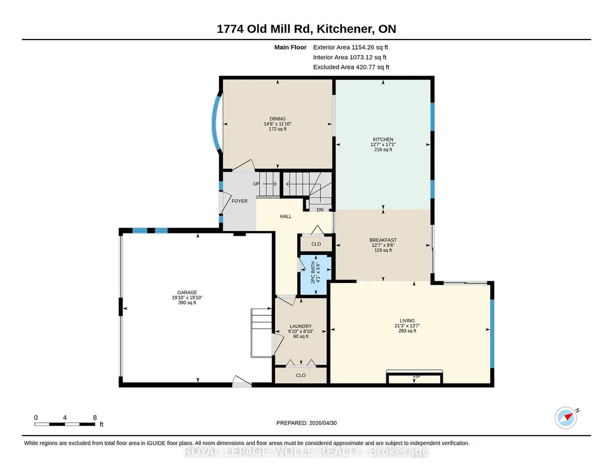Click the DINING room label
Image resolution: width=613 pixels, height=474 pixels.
277,119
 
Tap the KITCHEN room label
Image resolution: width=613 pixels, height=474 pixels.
383,139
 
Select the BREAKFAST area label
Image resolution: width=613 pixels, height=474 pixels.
383,240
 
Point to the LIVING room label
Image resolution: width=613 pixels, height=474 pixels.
407,321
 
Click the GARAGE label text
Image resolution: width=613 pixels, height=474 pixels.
187,293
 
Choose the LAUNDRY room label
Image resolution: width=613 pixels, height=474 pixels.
301,326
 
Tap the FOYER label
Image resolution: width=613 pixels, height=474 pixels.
240,201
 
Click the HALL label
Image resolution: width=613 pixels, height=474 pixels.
286,216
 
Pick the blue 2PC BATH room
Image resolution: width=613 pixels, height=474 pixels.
315,275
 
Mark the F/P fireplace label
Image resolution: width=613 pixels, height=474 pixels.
417,376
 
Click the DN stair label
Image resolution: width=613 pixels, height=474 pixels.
320,209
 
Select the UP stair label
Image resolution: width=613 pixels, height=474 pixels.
256,184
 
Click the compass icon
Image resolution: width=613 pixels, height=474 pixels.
566,418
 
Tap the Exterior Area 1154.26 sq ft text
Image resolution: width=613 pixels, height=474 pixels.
350,47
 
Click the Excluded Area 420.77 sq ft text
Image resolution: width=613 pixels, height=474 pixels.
351,67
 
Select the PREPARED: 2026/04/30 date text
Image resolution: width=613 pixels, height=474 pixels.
306,423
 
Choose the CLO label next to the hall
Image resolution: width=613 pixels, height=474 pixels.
316,244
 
